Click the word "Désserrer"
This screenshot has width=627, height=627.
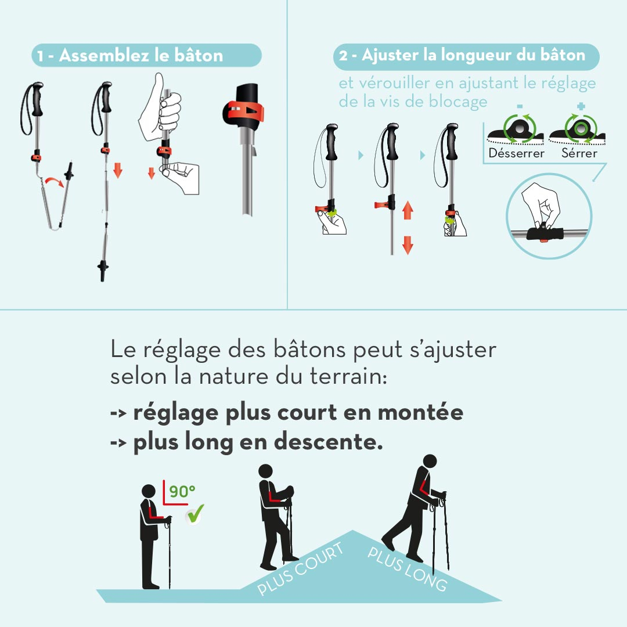[516, 153]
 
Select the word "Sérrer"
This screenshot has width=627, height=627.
[579, 153]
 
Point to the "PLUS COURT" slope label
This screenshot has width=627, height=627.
[300, 570]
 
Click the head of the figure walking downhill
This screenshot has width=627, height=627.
[429, 462]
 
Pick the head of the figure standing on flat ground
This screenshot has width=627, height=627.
[149, 491]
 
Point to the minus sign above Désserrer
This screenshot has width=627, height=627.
[519, 106]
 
